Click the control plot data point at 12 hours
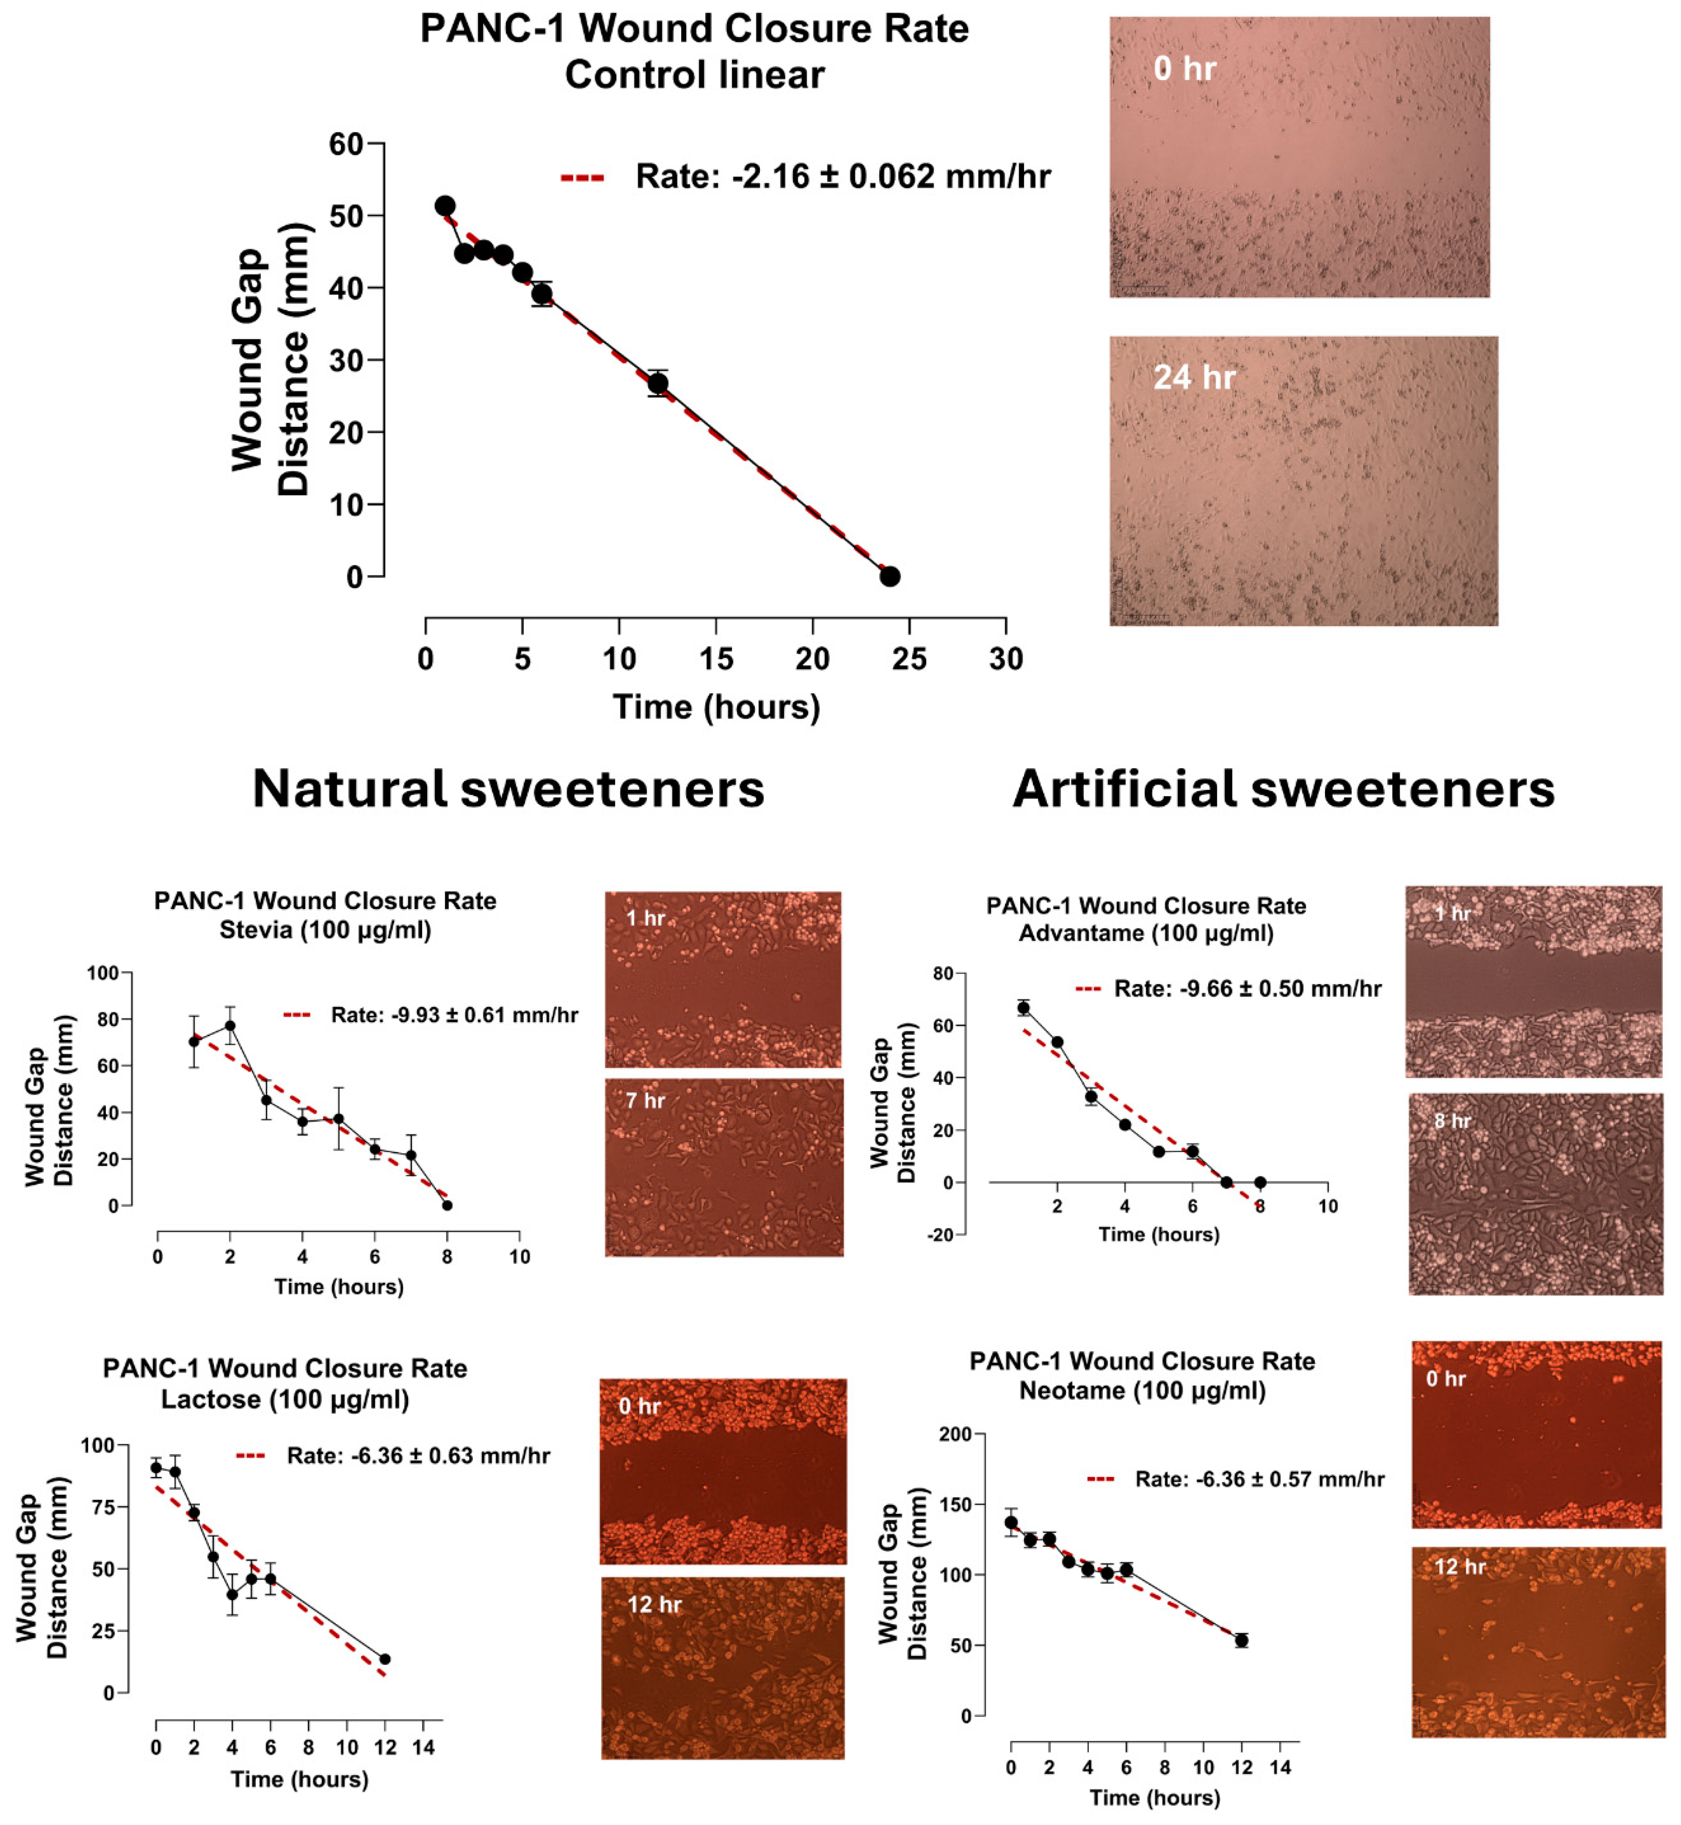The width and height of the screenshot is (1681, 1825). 658,383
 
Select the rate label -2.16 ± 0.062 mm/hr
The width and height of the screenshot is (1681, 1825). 842,177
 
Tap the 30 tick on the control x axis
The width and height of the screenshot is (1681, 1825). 1005,659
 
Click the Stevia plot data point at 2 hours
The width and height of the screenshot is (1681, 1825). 230,1025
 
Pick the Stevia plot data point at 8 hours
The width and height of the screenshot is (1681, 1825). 447,1205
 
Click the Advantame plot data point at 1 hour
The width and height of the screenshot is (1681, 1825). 1023,1007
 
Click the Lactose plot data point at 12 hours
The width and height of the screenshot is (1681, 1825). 385,1660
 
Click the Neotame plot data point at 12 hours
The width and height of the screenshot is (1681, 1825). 1242,1640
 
